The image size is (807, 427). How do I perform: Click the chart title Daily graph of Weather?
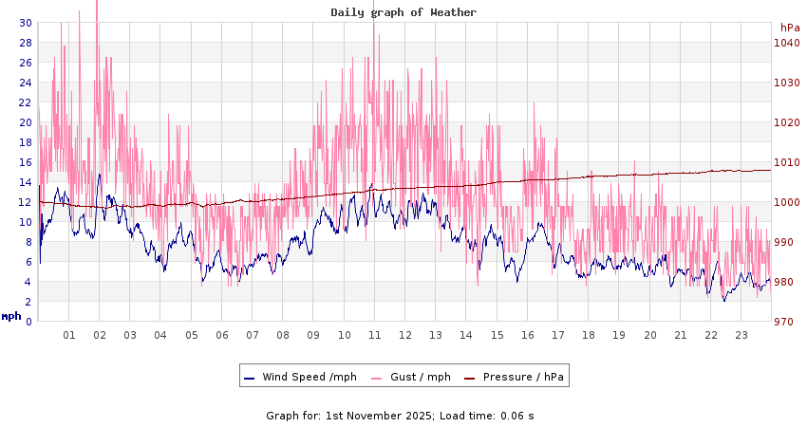(403, 12)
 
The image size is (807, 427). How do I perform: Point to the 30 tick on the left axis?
(25, 23)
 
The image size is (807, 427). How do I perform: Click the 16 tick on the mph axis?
(25, 162)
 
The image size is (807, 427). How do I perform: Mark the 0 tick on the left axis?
(28, 322)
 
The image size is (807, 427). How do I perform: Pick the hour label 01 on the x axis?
(68, 335)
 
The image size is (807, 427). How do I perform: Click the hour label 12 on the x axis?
(404, 335)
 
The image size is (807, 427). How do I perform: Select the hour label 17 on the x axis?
(557, 335)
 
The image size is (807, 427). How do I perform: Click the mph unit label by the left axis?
(11, 316)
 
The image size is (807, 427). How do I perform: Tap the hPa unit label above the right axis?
(790, 28)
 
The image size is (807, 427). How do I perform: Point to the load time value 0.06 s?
(517, 416)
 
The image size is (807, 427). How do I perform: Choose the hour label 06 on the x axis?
(221, 335)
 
